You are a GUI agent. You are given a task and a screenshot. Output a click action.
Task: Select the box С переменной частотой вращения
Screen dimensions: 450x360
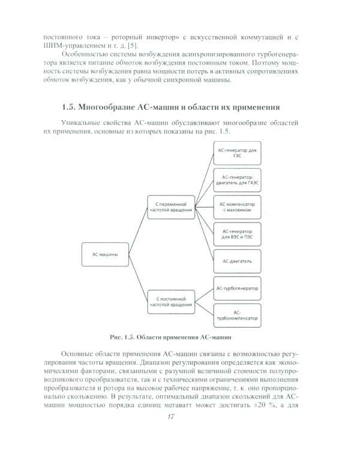pos(172,208)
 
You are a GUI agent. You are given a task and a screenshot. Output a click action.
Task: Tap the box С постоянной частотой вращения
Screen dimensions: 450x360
pos(172,300)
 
